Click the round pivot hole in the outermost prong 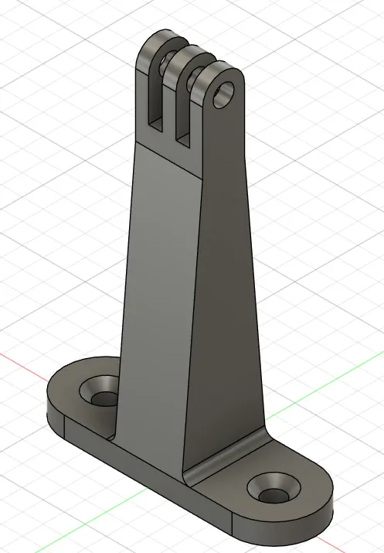[224, 94]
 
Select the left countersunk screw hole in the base [103, 397]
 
